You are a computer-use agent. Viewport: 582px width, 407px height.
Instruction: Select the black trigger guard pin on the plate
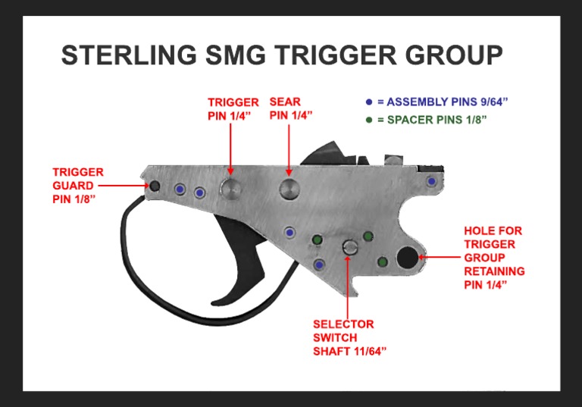tap(154, 186)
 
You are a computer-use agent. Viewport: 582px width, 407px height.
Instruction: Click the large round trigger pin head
tap(231, 189)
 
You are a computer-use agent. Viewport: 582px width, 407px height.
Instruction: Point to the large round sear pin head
tap(289, 189)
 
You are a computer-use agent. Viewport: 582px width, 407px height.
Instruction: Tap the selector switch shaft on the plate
tap(349, 246)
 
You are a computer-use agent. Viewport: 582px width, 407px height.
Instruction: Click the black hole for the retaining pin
tap(406, 258)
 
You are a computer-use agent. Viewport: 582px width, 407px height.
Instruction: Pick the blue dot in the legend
tap(368, 102)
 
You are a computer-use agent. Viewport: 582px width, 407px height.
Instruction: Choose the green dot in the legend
tap(368, 121)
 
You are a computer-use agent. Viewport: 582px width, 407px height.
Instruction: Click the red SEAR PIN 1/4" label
tap(291, 108)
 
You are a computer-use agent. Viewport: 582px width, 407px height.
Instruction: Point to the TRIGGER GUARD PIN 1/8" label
tap(79, 186)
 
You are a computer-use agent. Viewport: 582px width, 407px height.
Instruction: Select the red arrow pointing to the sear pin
tap(289, 152)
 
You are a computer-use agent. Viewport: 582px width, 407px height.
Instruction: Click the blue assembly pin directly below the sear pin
tap(289, 232)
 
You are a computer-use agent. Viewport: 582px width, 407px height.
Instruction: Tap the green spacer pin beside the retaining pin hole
tap(383, 262)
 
